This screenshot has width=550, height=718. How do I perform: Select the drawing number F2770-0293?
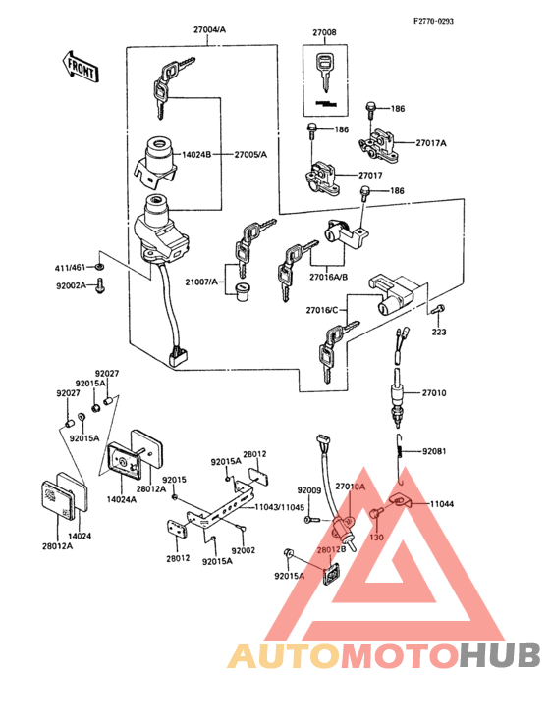(x=432, y=21)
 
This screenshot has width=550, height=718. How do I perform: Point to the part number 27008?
(x=324, y=32)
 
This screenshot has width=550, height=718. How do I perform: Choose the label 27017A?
(x=430, y=143)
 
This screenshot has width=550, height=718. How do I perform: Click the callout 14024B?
(x=196, y=155)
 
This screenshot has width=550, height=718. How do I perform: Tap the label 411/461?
(x=71, y=267)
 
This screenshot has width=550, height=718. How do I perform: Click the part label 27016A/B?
(x=328, y=277)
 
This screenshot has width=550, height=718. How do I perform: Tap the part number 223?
(x=437, y=333)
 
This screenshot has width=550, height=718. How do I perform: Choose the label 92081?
(x=434, y=452)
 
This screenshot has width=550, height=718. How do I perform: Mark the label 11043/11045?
(x=280, y=507)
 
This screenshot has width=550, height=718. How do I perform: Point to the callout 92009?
(x=309, y=489)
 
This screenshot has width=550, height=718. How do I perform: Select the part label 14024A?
(x=121, y=499)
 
